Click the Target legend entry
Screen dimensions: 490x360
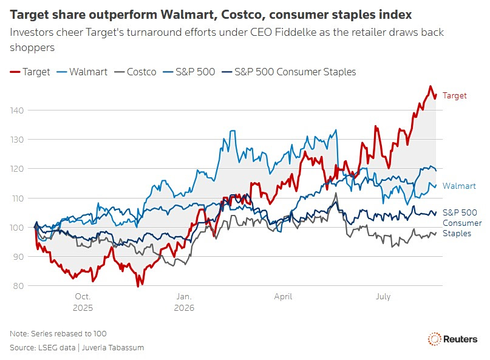click(x=30, y=72)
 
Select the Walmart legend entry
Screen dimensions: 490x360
click(x=82, y=72)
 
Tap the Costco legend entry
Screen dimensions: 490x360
click(x=135, y=72)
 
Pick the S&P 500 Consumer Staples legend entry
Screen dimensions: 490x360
click(x=289, y=72)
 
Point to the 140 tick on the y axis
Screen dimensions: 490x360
click(x=17, y=110)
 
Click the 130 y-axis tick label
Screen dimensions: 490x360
click(x=17, y=140)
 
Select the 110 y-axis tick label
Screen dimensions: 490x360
click(x=17, y=198)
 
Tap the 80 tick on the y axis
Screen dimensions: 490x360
click(x=18, y=285)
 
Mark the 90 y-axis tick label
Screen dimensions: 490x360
click(x=18, y=257)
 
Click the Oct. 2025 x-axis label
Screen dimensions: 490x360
click(x=83, y=302)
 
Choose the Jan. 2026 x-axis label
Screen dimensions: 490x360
click(x=184, y=302)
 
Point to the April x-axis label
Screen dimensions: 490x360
click(x=283, y=296)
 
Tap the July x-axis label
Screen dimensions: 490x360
click(x=383, y=296)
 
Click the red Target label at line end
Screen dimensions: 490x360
click(x=454, y=95)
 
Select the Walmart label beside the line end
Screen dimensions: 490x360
click(x=459, y=186)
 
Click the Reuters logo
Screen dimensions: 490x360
click(x=452, y=339)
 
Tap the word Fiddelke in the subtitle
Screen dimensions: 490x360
click(x=296, y=32)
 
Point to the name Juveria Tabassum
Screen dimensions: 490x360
click(x=113, y=347)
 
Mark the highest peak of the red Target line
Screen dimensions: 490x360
click(x=430, y=86)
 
